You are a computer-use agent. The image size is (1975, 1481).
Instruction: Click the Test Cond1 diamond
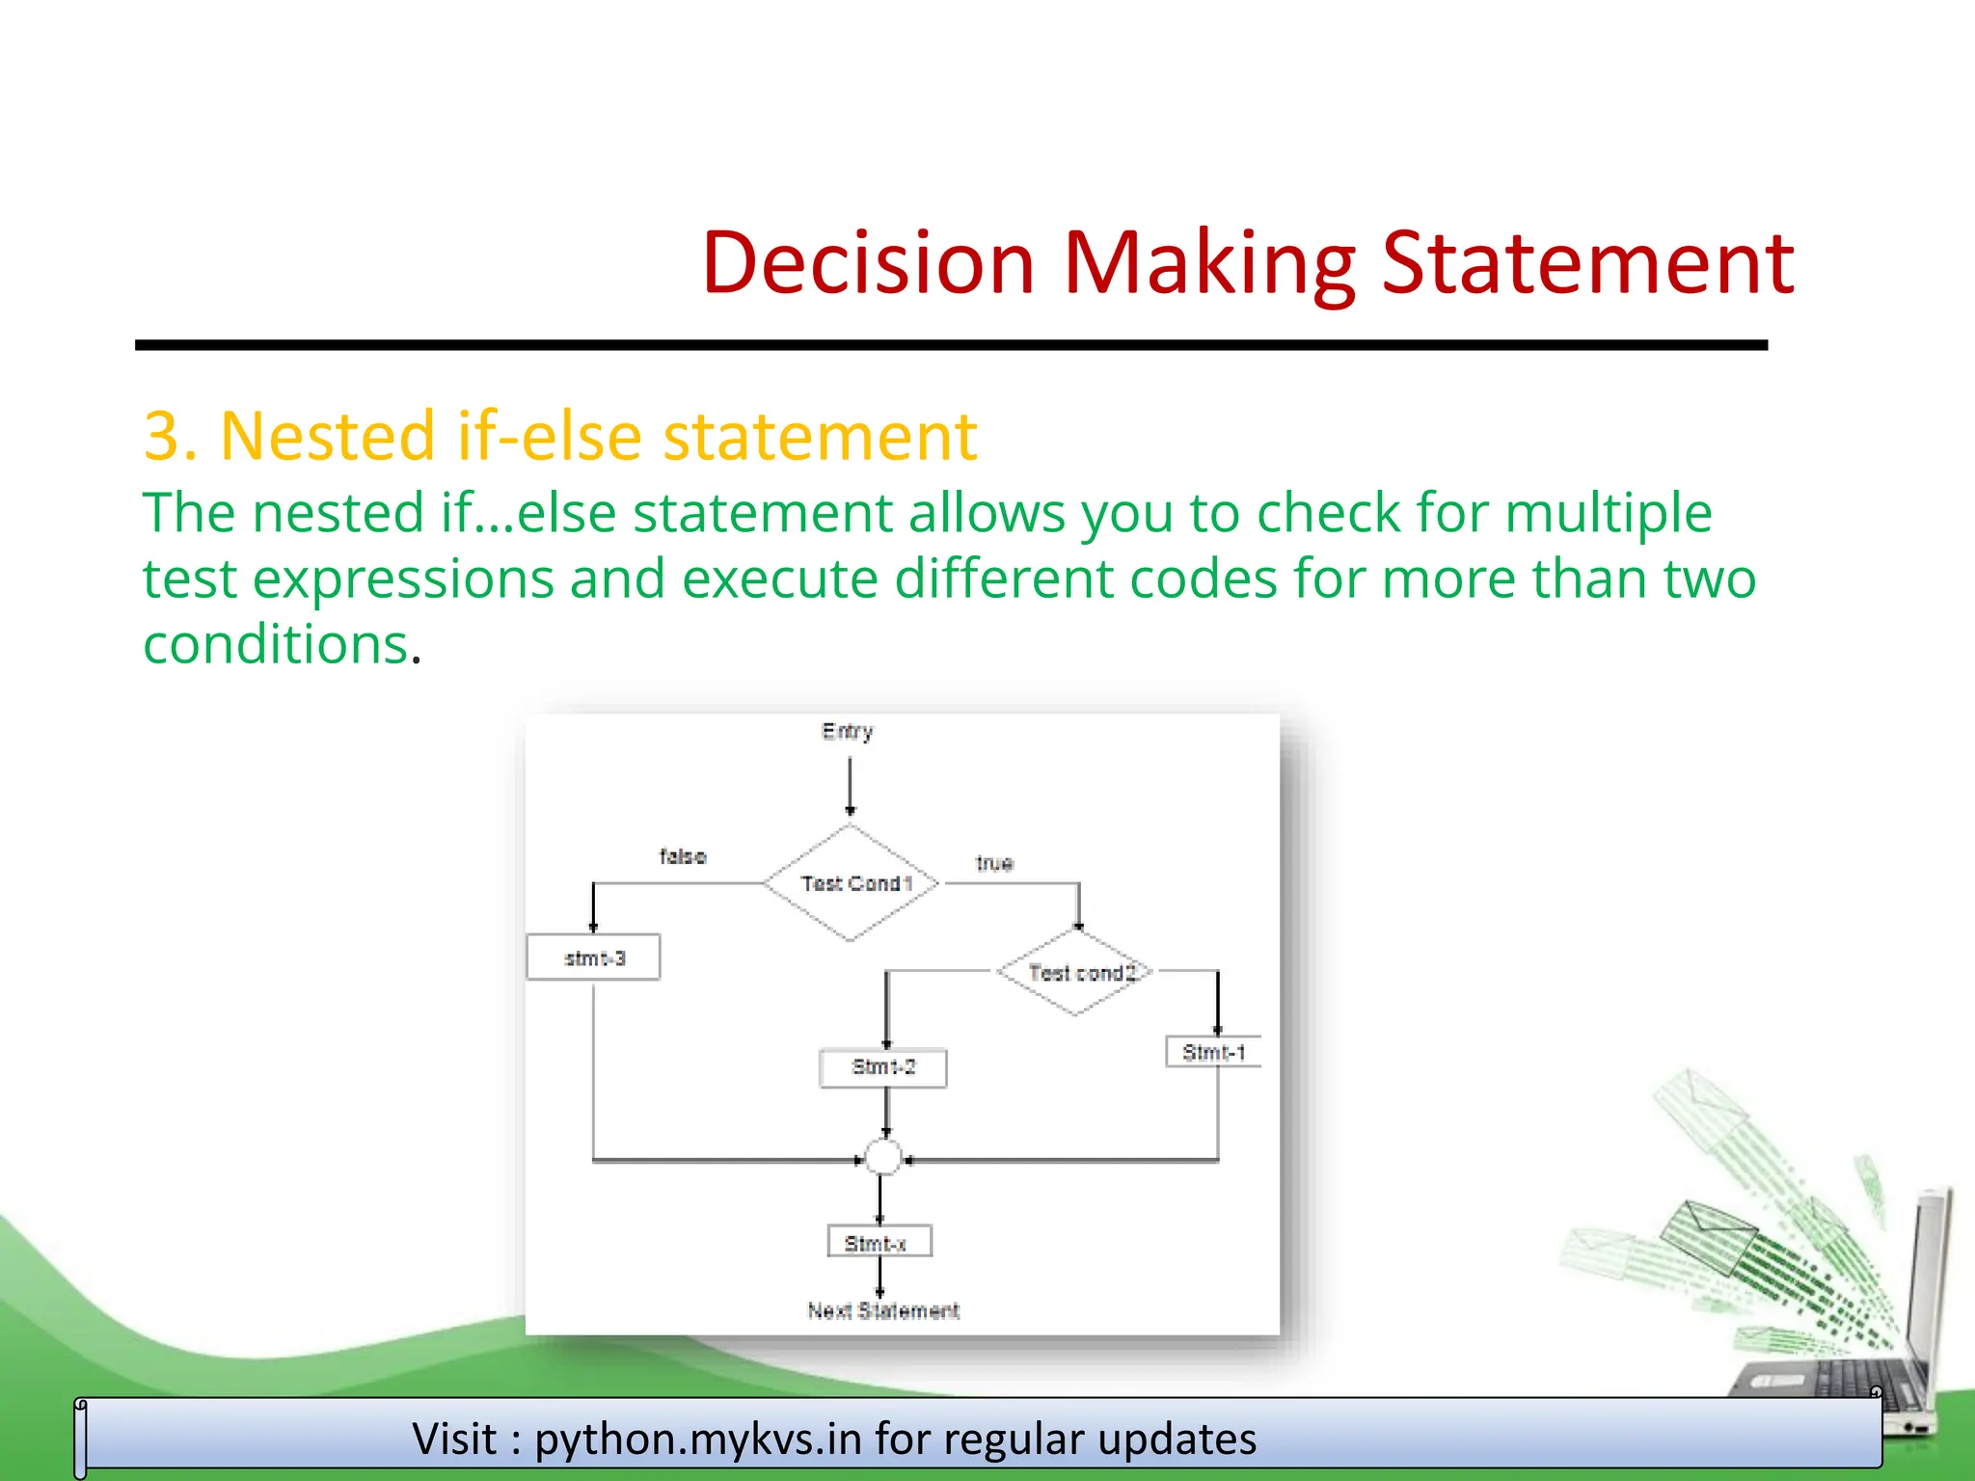tap(851, 882)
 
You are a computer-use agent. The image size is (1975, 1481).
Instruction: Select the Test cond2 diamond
tap(1076, 972)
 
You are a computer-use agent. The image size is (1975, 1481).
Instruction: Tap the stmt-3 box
tap(593, 957)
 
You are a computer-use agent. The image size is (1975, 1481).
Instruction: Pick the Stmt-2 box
tap(882, 1067)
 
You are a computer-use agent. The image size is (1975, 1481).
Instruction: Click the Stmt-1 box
tap(1213, 1052)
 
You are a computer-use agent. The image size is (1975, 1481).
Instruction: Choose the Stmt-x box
tap(879, 1242)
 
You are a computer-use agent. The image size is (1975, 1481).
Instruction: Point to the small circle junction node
tap(882, 1157)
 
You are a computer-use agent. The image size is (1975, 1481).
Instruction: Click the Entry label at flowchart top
tap(848, 732)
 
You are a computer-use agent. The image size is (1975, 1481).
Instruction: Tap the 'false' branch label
tap(683, 856)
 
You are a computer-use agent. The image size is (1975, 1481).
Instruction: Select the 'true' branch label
tap(994, 863)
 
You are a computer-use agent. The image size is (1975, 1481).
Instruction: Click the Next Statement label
tap(882, 1310)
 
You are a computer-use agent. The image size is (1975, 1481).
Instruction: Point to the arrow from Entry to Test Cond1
tap(850, 786)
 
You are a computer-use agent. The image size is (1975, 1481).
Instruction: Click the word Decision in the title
tap(868, 262)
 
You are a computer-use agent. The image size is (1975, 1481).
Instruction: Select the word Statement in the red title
tap(1587, 262)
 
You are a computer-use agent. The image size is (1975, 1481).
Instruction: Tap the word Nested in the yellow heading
tap(327, 436)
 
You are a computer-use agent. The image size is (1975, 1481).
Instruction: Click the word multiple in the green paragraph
tap(1608, 512)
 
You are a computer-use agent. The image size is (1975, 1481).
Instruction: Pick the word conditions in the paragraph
tap(275, 644)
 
